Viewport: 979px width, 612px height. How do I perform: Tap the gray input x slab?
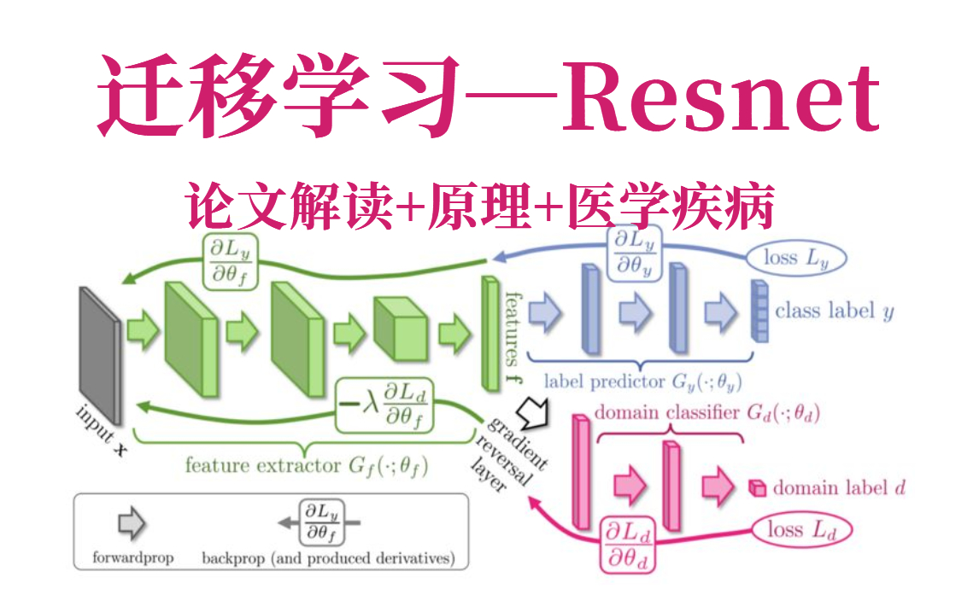pos(100,353)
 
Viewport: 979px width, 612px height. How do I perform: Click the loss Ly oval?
pos(794,257)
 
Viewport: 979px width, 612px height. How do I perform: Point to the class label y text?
pos(834,311)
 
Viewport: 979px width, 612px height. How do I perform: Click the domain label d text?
pos(838,488)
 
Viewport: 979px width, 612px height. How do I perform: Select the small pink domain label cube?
pos(756,488)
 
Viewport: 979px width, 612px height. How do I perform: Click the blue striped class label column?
pos(759,311)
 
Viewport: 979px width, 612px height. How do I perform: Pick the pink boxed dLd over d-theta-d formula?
pos(628,543)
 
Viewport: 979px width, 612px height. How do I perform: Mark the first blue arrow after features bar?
pos(544,313)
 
